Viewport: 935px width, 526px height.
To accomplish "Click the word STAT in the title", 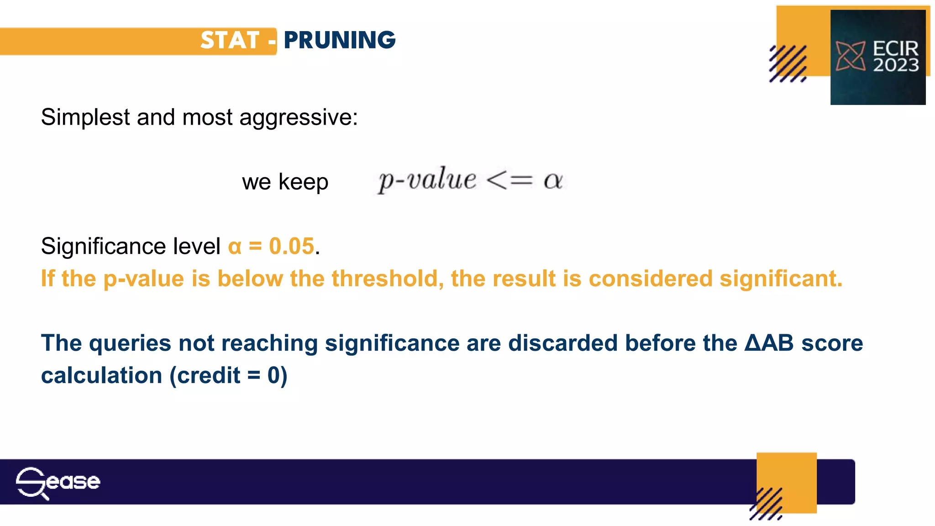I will coord(230,40).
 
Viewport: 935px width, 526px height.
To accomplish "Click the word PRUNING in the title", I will coord(340,40).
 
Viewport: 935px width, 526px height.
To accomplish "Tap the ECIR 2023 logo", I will coord(877,57).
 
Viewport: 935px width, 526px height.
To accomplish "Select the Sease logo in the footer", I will coord(58,482).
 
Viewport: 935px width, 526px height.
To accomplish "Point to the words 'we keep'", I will coord(285,182).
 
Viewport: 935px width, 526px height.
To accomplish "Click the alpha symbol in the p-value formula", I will coord(553,180).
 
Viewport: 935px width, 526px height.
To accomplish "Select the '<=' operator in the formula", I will coord(510,180).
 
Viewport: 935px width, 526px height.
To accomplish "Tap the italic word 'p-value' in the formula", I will coord(427,179).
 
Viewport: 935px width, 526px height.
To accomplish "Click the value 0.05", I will coord(292,246).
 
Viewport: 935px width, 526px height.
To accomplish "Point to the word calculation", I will coord(102,375).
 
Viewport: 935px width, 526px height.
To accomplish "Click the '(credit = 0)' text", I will coord(228,375).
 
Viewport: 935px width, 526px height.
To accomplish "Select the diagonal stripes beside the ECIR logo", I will coord(788,64).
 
